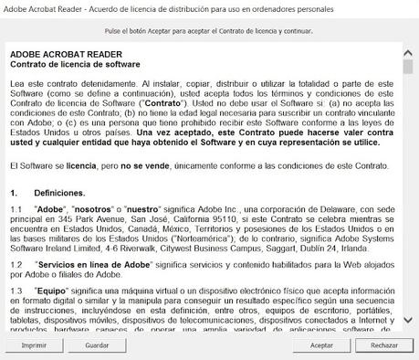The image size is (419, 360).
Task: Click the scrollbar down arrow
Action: (x=407, y=325)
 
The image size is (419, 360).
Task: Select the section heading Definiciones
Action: (x=59, y=194)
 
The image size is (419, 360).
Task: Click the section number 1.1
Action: (x=16, y=209)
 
